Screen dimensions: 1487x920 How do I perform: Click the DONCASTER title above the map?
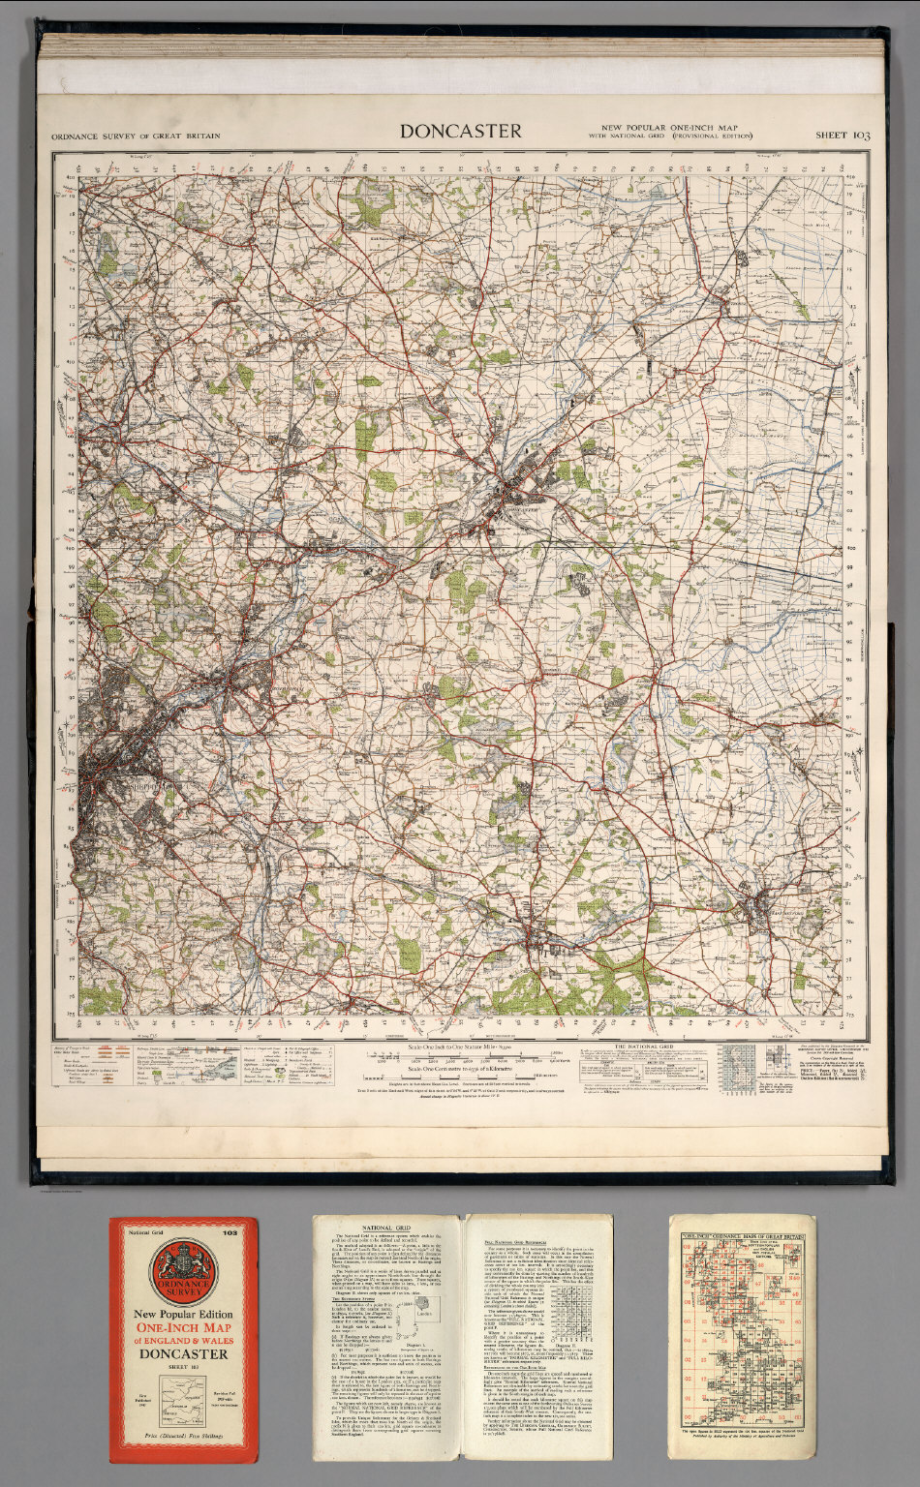point(461,131)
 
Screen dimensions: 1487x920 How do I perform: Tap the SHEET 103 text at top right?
point(842,136)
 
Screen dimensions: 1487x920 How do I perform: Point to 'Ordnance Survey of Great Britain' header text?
point(137,137)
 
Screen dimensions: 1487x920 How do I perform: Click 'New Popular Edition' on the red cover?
point(183,1313)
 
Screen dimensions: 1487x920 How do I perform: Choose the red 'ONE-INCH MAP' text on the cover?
point(183,1327)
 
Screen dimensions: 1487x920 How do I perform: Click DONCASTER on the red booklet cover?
point(183,1353)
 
